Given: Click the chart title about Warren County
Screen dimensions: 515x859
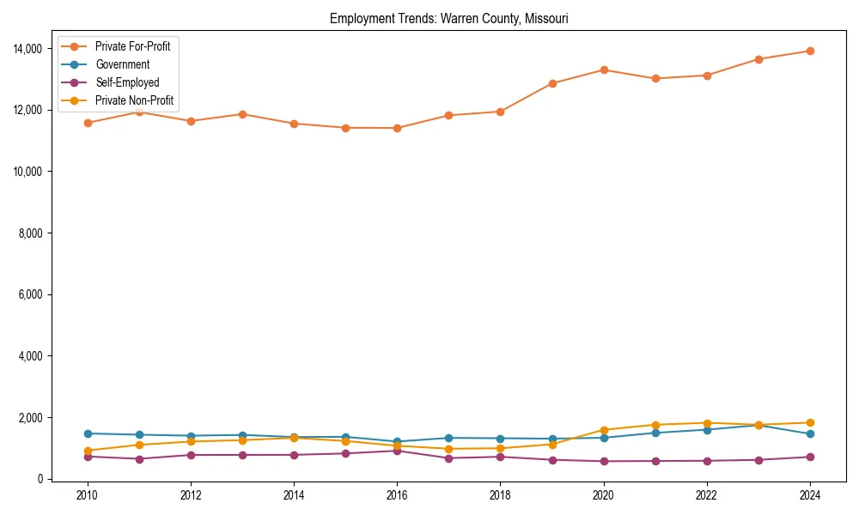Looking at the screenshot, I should [x=448, y=19].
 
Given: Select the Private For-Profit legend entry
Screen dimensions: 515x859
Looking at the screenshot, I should [x=132, y=46].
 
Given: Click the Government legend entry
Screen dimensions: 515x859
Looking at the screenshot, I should [x=122, y=64].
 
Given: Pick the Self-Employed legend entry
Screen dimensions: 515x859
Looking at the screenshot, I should [x=126, y=82].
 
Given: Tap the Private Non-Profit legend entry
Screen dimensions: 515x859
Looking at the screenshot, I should [x=134, y=100].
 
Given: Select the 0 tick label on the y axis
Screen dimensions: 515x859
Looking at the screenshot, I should [x=40, y=479].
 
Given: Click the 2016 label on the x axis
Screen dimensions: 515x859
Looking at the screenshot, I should [x=397, y=495].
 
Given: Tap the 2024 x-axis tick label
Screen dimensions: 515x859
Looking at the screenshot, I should [x=809, y=495].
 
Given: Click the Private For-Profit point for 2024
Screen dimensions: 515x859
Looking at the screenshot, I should [x=809, y=51].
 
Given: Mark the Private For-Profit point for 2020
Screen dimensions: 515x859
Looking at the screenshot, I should [x=603, y=70].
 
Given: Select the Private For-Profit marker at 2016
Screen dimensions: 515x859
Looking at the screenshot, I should [x=397, y=128].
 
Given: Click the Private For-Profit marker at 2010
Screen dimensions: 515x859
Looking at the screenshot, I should [x=88, y=123].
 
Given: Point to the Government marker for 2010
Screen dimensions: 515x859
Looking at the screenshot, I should [x=88, y=433].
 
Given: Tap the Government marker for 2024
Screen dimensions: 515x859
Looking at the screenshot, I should [x=809, y=433].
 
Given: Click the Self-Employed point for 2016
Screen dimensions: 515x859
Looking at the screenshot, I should [x=397, y=451].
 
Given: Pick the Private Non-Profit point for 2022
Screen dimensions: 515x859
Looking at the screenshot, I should [x=706, y=423].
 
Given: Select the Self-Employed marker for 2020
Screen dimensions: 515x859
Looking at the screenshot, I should [x=603, y=461].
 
